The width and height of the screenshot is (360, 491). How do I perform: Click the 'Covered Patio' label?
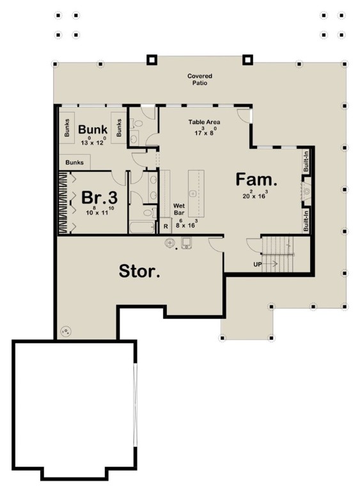tap(200, 79)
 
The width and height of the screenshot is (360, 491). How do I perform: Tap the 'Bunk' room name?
tap(93, 129)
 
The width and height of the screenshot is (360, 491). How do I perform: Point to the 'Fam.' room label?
tap(256, 178)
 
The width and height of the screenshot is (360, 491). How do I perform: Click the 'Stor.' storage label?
tap(139, 271)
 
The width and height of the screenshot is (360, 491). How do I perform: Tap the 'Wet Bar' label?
tap(180, 210)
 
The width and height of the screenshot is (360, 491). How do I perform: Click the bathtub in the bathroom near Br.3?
tap(141, 227)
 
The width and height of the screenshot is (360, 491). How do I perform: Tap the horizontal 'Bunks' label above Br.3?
tap(74, 163)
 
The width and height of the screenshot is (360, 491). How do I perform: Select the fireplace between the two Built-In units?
tap(306, 191)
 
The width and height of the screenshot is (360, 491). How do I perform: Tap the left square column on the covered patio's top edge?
tap(152, 60)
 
